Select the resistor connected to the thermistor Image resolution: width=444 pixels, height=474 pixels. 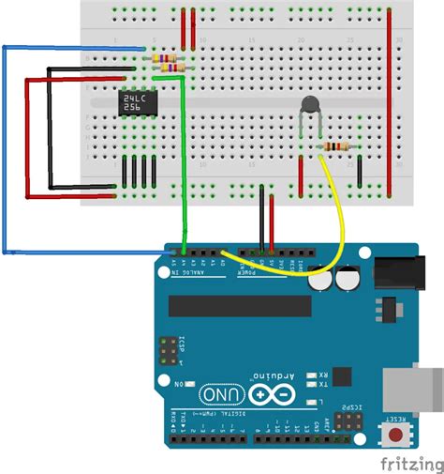(x=334, y=146)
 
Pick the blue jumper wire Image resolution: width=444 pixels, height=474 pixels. (x=5, y=150)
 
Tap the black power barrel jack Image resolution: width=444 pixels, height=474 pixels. (x=407, y=272)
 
